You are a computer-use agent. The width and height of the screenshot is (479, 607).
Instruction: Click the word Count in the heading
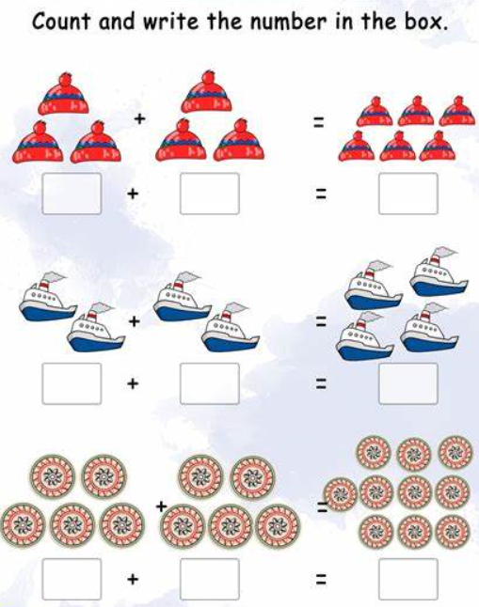(x=62, y=21)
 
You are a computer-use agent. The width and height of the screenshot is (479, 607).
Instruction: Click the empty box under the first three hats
(x=72, y=194)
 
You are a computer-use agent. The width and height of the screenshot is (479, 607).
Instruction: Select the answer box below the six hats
(x=408, y=194)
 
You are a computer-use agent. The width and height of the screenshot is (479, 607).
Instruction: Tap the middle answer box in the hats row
(x=210, y=194)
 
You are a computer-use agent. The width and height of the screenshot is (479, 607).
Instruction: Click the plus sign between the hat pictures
(x=139, y=118)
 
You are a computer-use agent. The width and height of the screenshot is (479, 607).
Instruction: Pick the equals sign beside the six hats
(x=318, y=123)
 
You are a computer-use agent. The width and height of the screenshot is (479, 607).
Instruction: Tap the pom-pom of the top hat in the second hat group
(x=209, y=77)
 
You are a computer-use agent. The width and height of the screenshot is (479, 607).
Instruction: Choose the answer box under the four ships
(x=408, y=383)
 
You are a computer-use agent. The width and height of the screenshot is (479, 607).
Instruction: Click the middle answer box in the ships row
(x=210, y=383)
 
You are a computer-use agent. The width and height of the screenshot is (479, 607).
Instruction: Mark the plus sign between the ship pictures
(x=135, y=321)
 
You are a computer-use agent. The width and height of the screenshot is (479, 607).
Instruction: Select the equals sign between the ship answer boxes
(x=320, y=383)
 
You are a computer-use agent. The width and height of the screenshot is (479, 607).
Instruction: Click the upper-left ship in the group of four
(x=373, y=286)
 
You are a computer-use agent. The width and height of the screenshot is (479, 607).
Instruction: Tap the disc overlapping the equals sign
(x=341, y=494)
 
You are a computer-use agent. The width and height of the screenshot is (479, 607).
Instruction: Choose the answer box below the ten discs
(x=408, y=579)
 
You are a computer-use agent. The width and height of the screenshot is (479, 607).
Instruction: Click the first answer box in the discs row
(x=72, y=579)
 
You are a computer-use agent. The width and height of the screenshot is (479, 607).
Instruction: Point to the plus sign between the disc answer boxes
(x=133, y=579)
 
